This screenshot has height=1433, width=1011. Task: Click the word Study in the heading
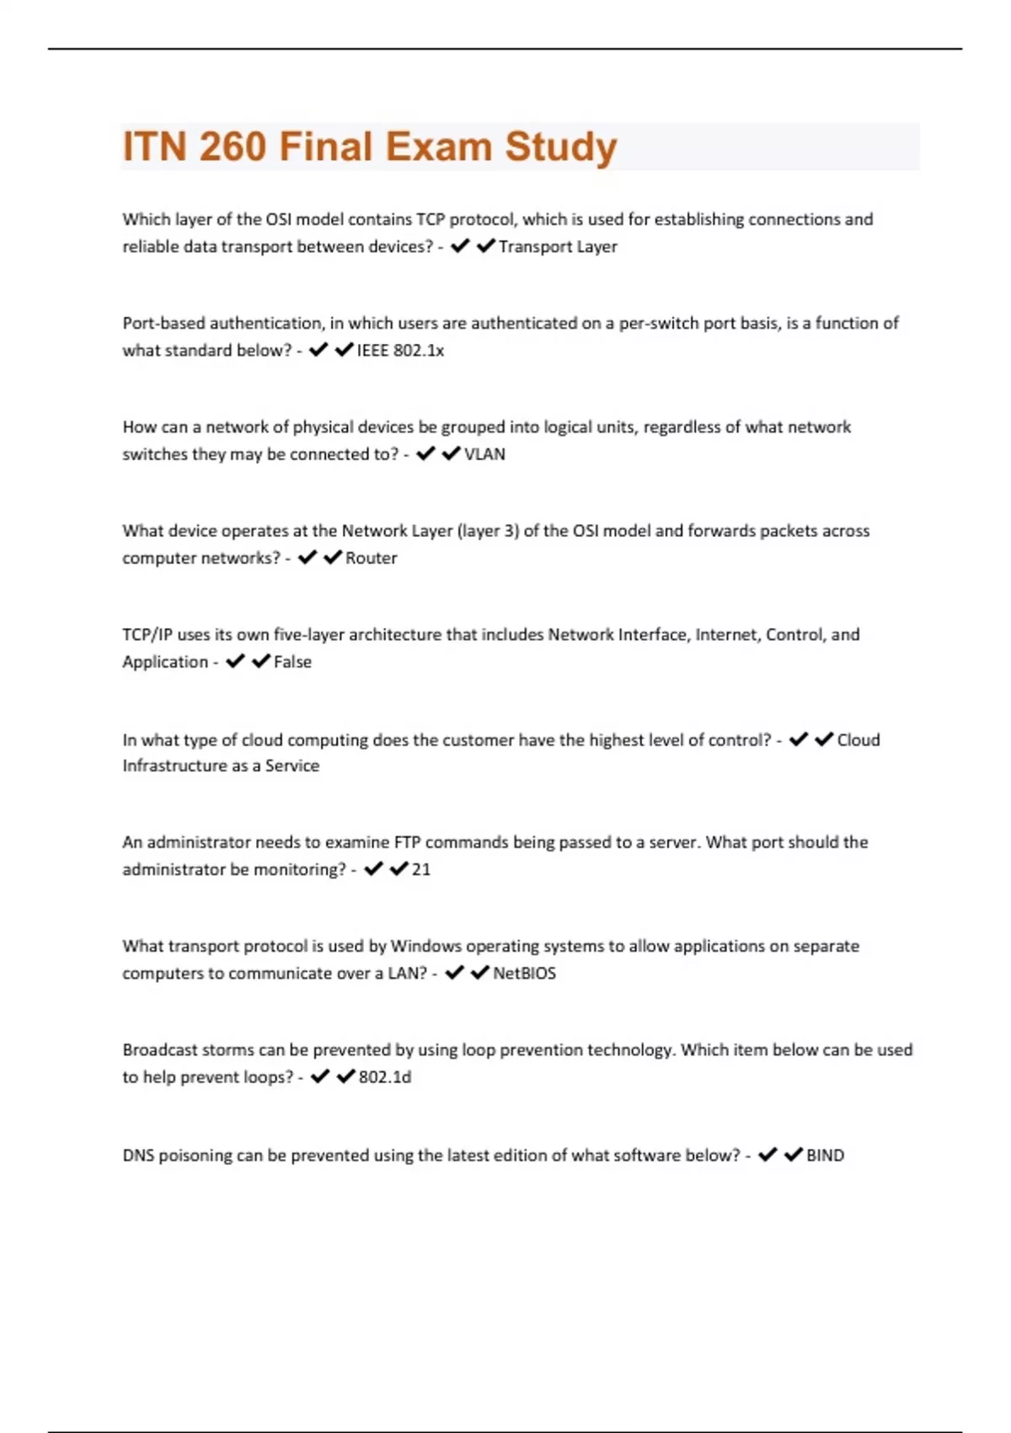(561, 147)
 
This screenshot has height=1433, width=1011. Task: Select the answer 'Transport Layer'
(558, 247)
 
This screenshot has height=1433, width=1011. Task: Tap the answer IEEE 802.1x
(400, 351)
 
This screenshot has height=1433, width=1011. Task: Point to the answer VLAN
(484, 454)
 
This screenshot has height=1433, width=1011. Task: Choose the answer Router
(371, 558)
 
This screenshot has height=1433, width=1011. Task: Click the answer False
(292, 663)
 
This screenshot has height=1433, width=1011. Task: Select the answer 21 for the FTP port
(421, 870)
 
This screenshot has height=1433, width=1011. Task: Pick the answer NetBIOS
(524, 974)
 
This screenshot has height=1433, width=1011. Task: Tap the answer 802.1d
(385, 1077)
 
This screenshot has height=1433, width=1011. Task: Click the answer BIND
(825, 1156)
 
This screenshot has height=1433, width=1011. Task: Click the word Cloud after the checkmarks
(859, 740)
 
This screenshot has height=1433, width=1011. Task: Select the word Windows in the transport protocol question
(425, 947)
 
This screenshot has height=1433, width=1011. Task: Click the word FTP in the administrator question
(407, 842)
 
